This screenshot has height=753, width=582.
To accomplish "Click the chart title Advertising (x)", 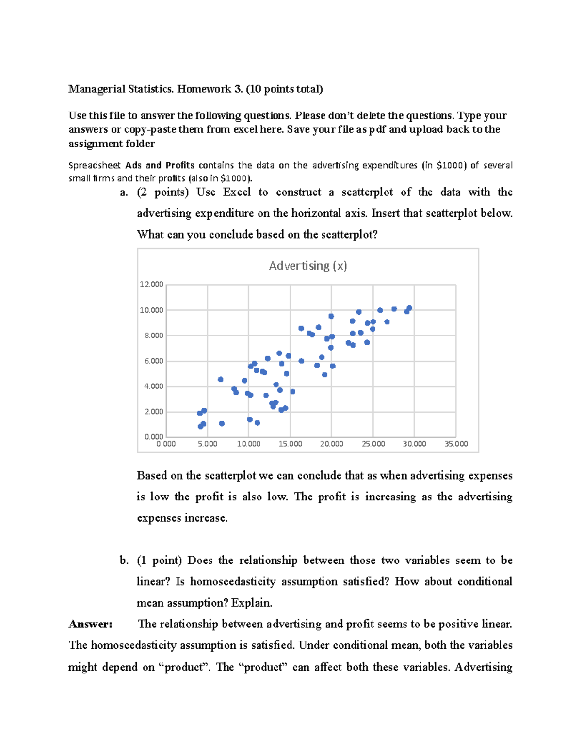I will [307, 266].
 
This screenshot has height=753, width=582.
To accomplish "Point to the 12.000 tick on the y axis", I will [151, 284].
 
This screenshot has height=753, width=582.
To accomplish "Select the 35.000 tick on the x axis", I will [456, 444].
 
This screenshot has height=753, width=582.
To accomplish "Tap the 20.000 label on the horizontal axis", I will [331, 444].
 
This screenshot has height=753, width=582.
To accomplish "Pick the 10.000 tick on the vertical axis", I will [151, 310].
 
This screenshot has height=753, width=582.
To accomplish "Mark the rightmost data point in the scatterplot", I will [409, 308].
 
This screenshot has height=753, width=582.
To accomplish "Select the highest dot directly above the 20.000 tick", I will [331, 316].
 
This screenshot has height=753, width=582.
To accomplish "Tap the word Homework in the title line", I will [204, 89].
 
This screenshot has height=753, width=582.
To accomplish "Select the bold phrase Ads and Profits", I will [160, 165].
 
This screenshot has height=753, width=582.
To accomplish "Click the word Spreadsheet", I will [95, 165].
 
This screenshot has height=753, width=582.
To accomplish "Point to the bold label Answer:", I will [90, 624].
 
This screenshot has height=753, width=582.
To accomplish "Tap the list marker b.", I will [124, 561].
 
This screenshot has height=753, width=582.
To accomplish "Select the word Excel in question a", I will [237, 192].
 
